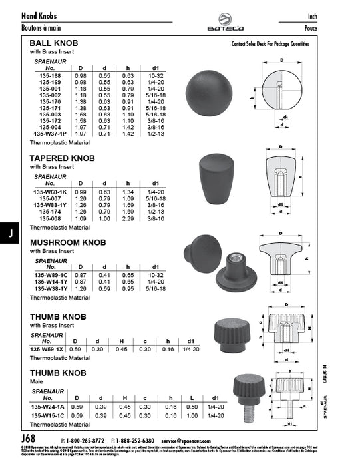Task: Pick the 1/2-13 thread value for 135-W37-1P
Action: point(155,134)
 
